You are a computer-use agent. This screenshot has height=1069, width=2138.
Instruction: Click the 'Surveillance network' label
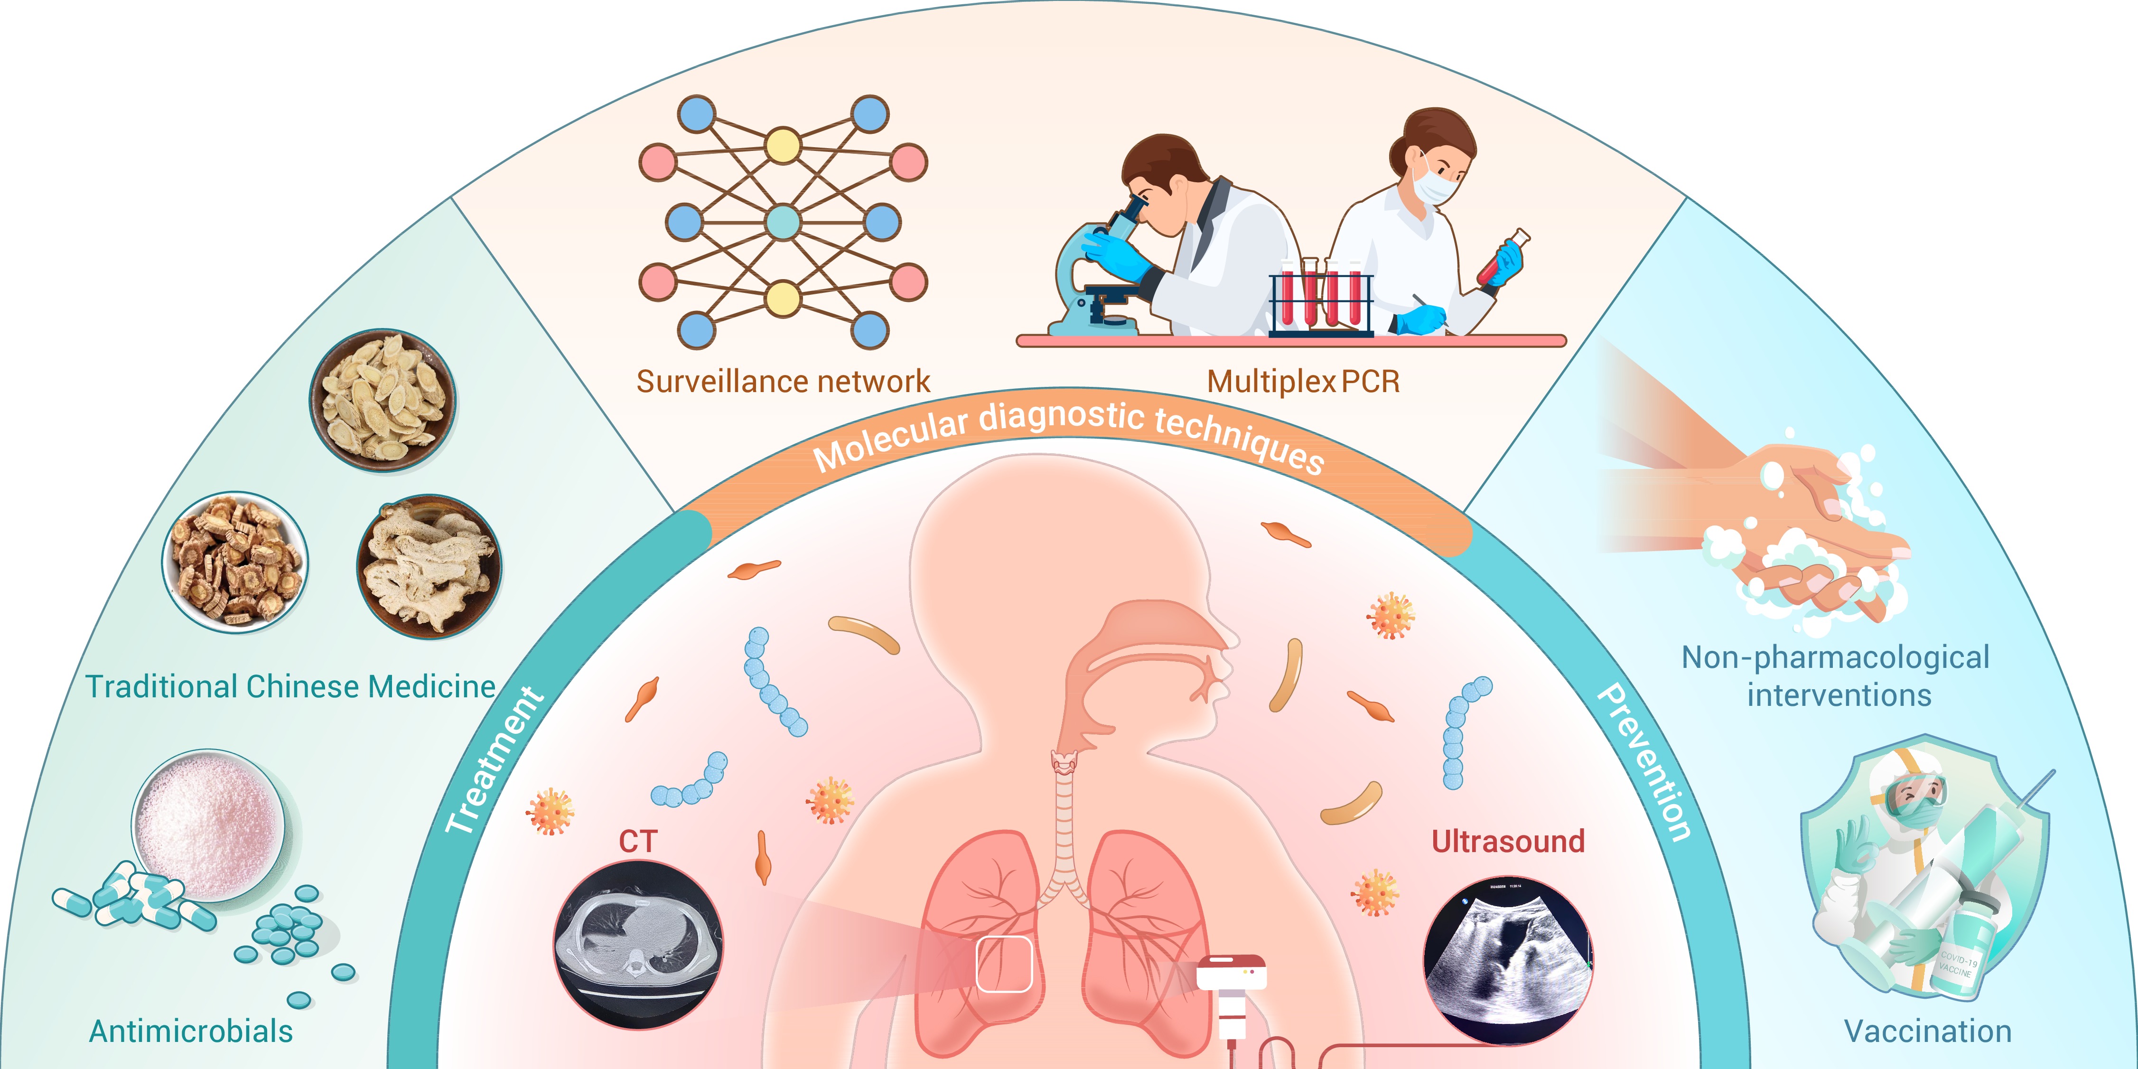pos(783,382)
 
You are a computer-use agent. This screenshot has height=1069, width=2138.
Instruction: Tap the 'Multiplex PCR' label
pos(1303,382)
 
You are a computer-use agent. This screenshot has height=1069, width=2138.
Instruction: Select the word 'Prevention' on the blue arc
pos(1646,762)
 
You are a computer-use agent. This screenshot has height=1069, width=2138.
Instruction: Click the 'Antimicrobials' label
pos(191,1031)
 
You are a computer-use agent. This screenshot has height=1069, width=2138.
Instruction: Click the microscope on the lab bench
pos(1095,274)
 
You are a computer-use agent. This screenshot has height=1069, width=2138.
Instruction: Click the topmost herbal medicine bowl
pos(383,400)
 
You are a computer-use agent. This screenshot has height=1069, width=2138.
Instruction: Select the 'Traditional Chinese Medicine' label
pos(290,686)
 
